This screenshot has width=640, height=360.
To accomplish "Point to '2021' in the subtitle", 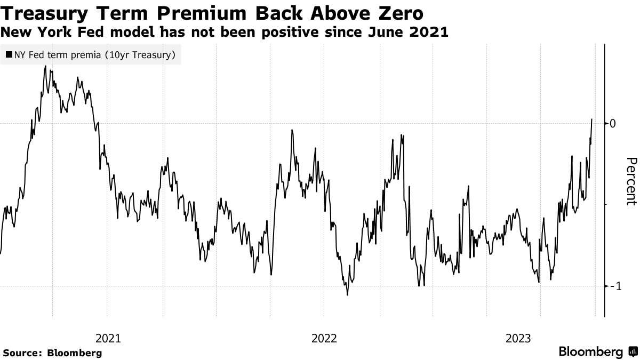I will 427,32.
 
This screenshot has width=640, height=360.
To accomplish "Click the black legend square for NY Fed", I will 9,54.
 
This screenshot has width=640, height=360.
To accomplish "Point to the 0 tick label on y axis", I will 613,123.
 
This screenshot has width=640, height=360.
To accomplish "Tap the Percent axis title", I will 631,181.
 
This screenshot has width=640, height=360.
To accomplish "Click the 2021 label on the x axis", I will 108,338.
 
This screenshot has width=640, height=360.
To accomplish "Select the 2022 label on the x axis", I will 324,338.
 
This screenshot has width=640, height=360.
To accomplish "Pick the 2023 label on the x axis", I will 517,338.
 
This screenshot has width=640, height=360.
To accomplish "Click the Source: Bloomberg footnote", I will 52,353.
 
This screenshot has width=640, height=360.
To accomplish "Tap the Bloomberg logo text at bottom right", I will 590,352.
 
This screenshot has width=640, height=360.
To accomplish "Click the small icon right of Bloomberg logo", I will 632,352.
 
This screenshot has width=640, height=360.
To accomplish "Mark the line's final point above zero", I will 592,119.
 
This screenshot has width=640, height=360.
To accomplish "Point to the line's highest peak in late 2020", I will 45,66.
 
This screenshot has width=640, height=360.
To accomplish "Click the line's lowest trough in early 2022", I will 347,295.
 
